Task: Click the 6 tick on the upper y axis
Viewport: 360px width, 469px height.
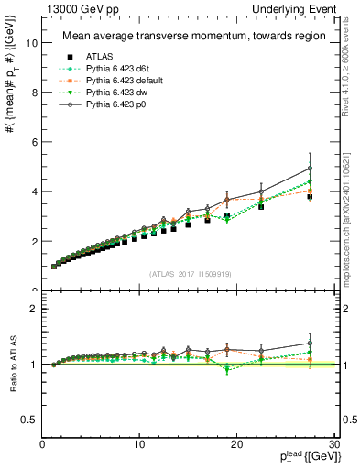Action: pyautogui.click(x=34, y=142)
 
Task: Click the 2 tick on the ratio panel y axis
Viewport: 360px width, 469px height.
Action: pyautogui.click(x=34, y=309)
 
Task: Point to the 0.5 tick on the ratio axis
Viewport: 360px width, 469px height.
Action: pyautogui.click(x=30, y=420)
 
